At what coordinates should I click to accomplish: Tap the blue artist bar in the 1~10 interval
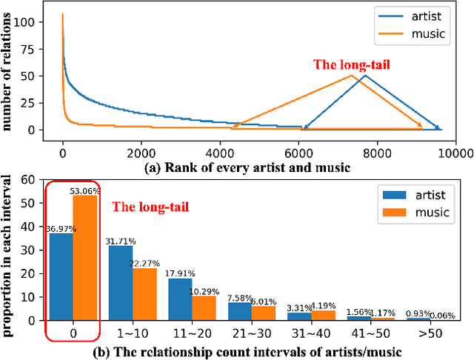point(121,282)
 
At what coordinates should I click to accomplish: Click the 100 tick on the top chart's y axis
point(45,23)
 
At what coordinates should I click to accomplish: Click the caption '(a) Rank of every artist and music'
point(245,167)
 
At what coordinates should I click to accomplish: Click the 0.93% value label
point(420,313)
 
